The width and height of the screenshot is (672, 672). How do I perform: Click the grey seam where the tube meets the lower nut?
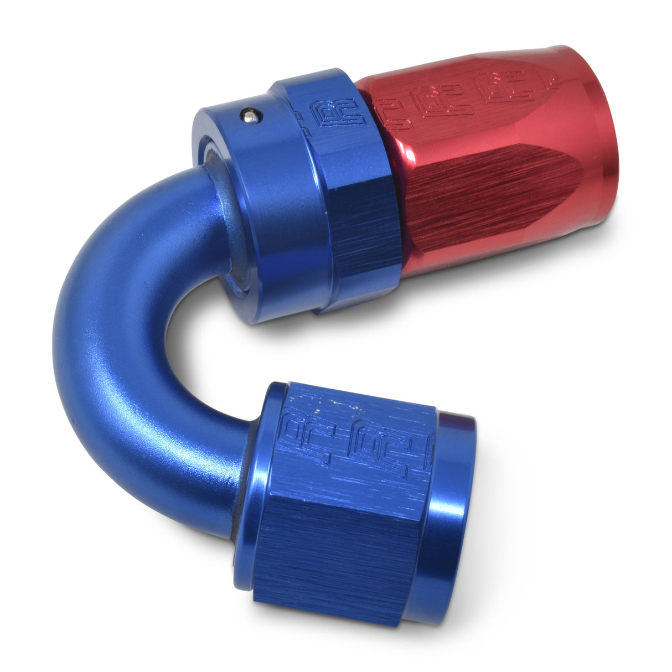click(x=244, y=482)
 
